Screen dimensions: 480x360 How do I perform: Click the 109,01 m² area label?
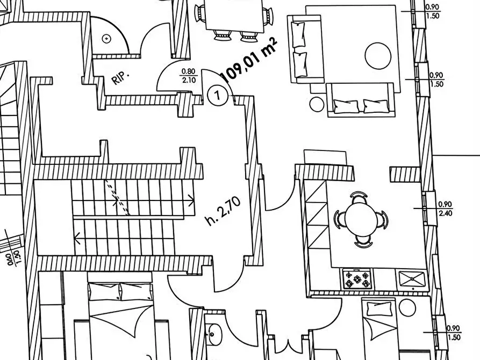[x=249, y=61]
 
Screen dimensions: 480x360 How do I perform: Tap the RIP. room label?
[x=120, y=78]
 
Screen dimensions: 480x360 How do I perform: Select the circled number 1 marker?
[x=218, y=95]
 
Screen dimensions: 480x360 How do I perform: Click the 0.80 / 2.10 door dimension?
[x=188, y=76]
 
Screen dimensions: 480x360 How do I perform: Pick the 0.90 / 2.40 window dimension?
[x=446, y=208]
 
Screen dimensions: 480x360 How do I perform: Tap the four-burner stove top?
[x=357, y=279]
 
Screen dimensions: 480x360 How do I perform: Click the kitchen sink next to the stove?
[x=412, y=279]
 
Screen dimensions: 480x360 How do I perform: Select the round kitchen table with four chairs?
[x=361, y=219]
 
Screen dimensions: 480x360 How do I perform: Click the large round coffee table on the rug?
[x=378, y=56]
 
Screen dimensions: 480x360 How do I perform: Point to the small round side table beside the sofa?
[x=317, y=104]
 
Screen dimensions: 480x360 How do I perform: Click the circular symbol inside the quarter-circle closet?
[x=106, y=39]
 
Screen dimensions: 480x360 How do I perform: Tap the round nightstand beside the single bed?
[x=407, y=307]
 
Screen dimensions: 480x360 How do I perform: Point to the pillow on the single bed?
[x=379, y=308]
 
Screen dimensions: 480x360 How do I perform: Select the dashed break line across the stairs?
[x=118, y=197]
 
